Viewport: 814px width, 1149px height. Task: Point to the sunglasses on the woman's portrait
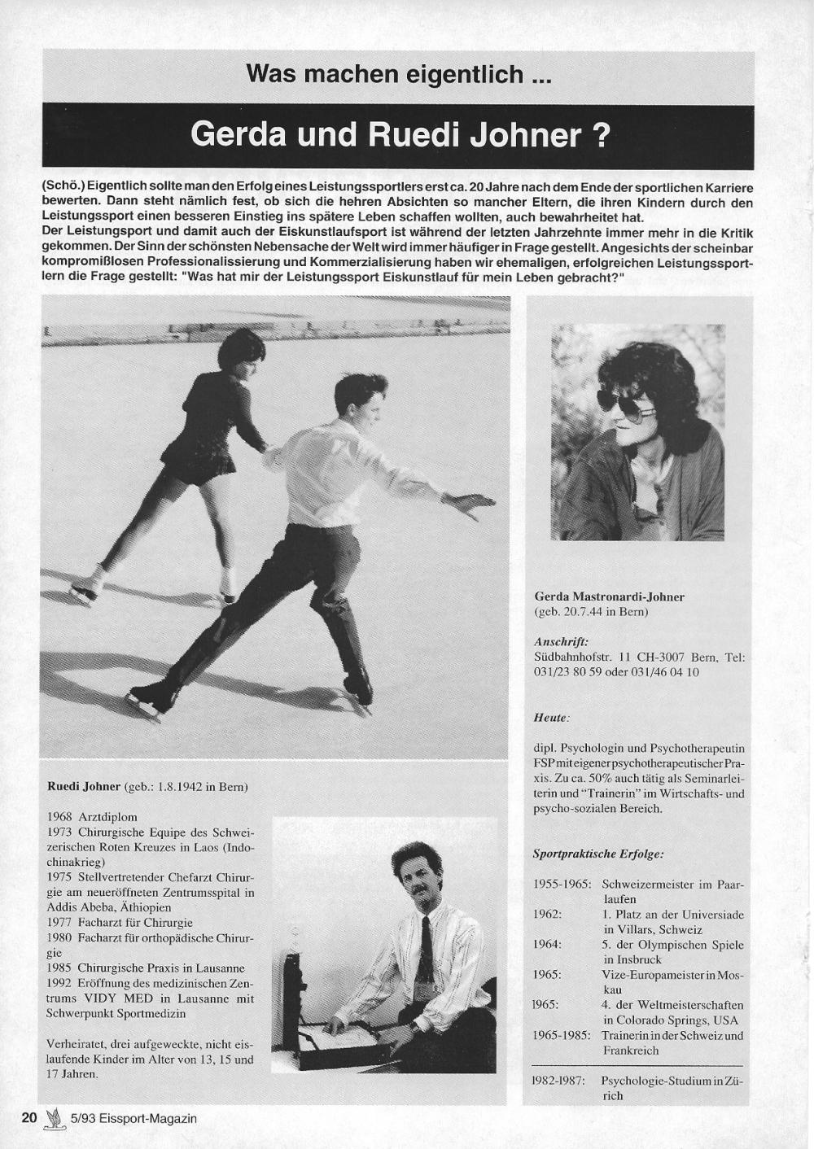coord(626,404)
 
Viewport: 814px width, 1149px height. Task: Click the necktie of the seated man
coord(425,951)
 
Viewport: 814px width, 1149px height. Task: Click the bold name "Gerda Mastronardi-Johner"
coord(609,596)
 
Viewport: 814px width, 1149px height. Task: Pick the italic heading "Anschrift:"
coord(561,641)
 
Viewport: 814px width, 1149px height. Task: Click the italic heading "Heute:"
coord(551,718)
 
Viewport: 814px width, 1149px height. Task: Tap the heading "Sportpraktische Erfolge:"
coord(597,854)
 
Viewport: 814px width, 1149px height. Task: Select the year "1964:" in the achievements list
coord(549,945)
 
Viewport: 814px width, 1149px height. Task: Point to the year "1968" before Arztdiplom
coord(60,816)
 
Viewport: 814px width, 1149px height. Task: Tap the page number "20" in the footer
coord(29,1117)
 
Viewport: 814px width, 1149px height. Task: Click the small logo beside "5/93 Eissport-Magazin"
coord(55,1118)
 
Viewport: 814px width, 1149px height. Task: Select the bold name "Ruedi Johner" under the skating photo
coord(84,787)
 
